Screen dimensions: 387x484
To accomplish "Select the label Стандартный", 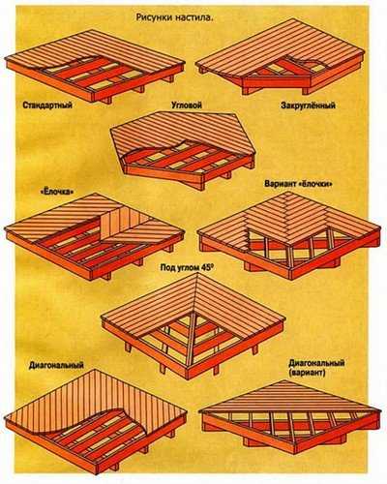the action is point(47,106).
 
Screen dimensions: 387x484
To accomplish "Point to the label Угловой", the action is point(187,106).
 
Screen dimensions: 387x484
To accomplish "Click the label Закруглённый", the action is point(308,106).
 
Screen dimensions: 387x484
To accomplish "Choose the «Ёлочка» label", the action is point(55,192).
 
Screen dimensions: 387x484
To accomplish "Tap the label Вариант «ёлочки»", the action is point(298,184).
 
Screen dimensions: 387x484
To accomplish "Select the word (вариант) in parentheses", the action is point(307,373).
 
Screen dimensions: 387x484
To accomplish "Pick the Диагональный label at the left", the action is point(56,365).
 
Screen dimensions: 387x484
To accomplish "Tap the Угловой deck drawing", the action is point(183,151).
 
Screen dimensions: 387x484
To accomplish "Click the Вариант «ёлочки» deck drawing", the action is point(289,235).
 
